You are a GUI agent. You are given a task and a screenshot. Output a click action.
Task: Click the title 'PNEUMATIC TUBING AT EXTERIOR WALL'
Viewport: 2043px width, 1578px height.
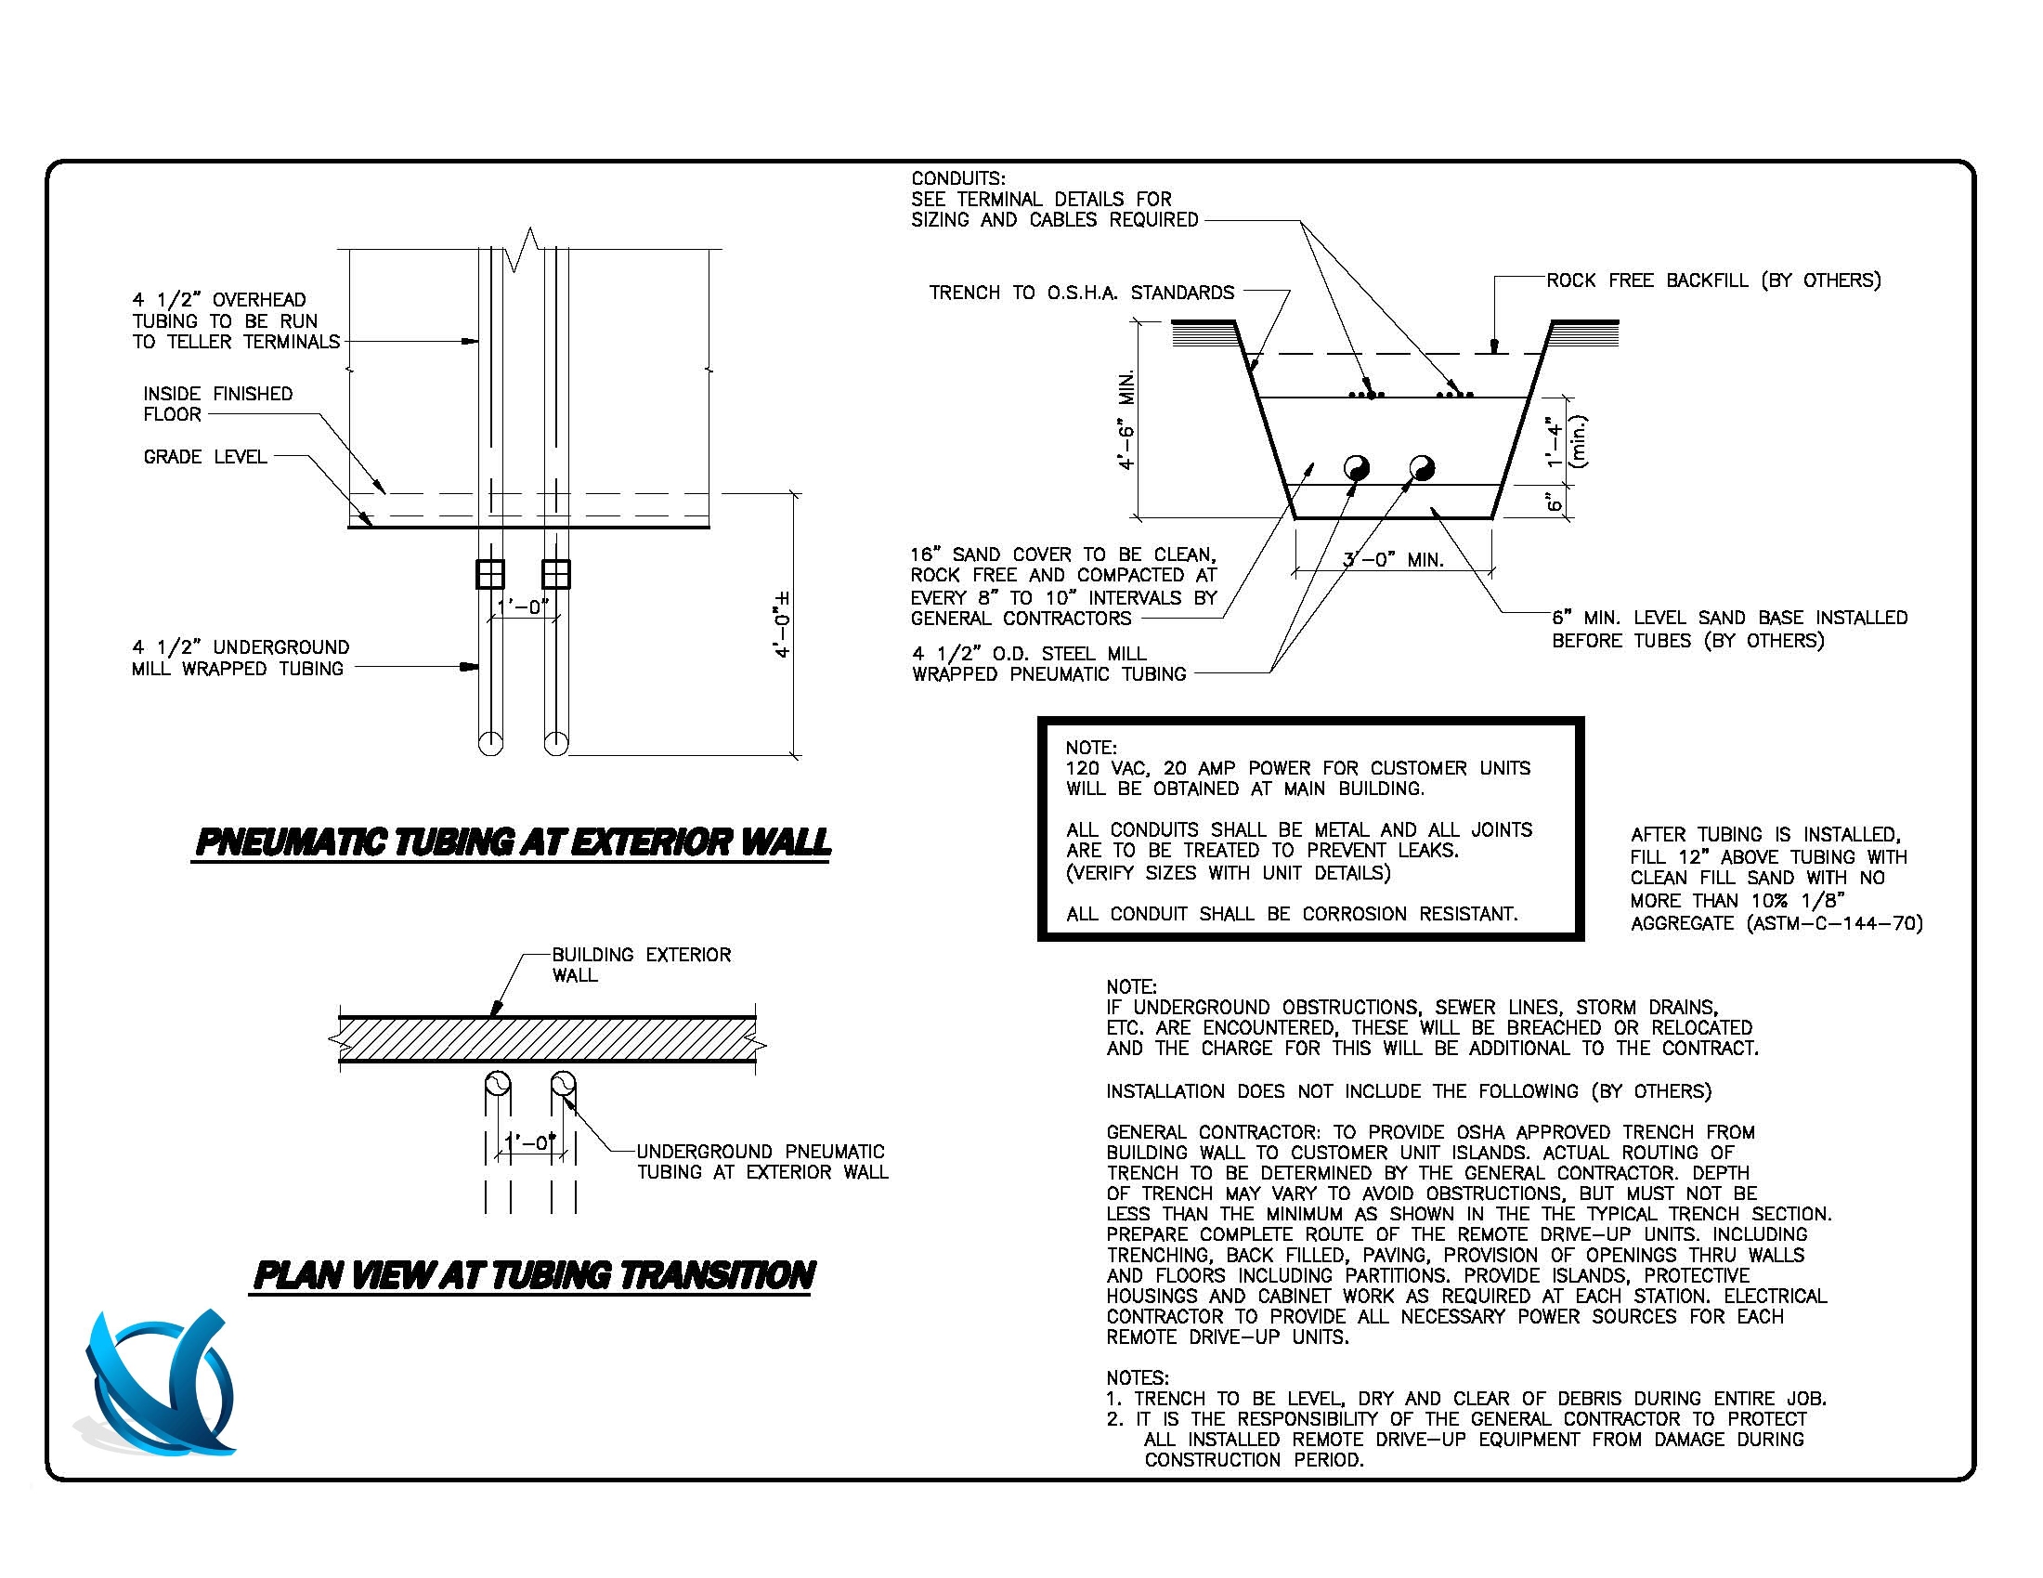pyautogui.click(x=513, y=841)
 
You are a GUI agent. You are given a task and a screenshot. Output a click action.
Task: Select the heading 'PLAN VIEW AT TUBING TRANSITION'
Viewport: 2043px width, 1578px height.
pyautogui.click(x=534, y=1275)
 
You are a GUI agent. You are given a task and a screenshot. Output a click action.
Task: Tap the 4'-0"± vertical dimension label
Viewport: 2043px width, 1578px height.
pyautogui.click(x=783, y=624)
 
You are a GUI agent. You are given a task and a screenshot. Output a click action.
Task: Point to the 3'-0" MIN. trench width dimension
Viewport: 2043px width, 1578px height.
pyautogui.click(x=1394, y=560)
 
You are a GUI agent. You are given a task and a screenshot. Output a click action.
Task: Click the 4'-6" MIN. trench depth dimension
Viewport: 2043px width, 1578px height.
pyautogui.click(x=1128, y=419)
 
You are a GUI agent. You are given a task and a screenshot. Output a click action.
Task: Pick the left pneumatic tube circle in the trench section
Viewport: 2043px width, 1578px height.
pyautogui.click(x=1357, y=468)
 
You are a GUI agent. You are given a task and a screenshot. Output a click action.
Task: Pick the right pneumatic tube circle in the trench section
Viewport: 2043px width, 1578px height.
pyautogui.click(x=1422, y=468)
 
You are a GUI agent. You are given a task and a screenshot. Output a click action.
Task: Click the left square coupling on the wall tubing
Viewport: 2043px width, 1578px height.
pyautogui.click(x=490, y=573)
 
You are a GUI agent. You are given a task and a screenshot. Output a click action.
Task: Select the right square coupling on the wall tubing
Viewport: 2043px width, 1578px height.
pyautogui.click(x=555, y=573)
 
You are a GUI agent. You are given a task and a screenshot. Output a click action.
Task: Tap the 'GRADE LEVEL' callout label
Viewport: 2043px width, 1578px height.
pyautogui.click(x=205, y=457)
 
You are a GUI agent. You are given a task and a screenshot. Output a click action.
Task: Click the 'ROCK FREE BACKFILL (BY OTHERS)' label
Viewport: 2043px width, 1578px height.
pyautogui.click(x=1712, y=280)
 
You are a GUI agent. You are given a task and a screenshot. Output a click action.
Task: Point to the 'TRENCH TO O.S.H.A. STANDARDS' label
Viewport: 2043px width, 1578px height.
pyautogui.click(x=1081, y=293)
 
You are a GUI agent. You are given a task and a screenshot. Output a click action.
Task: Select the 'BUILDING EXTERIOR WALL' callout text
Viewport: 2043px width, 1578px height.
pyautogui.click(x=641, y=964)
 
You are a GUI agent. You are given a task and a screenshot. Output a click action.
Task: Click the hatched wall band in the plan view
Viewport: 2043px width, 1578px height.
pyautogui.click(x=547, y=1039)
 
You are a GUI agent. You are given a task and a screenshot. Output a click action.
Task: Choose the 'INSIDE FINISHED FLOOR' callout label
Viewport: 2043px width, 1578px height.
pyautogui.click(x=217, y=404)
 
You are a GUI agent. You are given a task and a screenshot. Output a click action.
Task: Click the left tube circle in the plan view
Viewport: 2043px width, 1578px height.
pyautogui.click(x=498, y=1085)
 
